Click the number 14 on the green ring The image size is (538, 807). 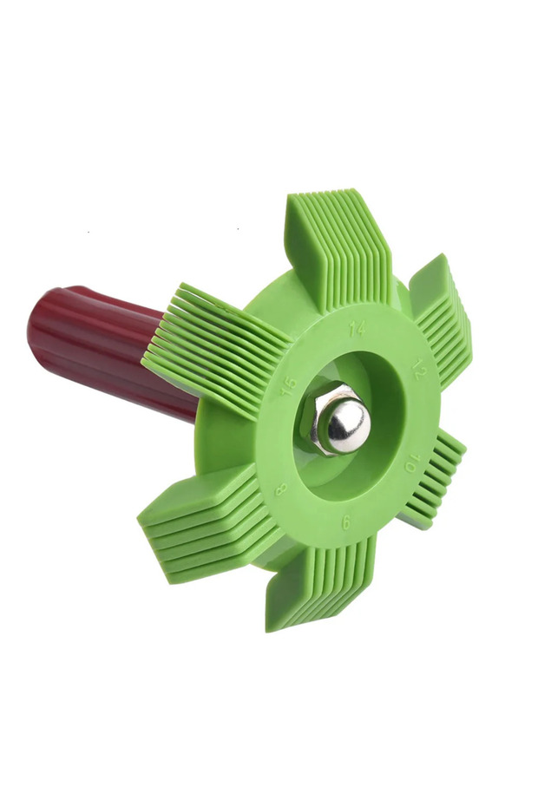click(357, 329)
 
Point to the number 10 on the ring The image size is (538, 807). click(412, 463)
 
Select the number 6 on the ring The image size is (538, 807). click(346, 523)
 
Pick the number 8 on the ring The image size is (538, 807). click(281, 489)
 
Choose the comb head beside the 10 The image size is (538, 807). click(434, 479)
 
